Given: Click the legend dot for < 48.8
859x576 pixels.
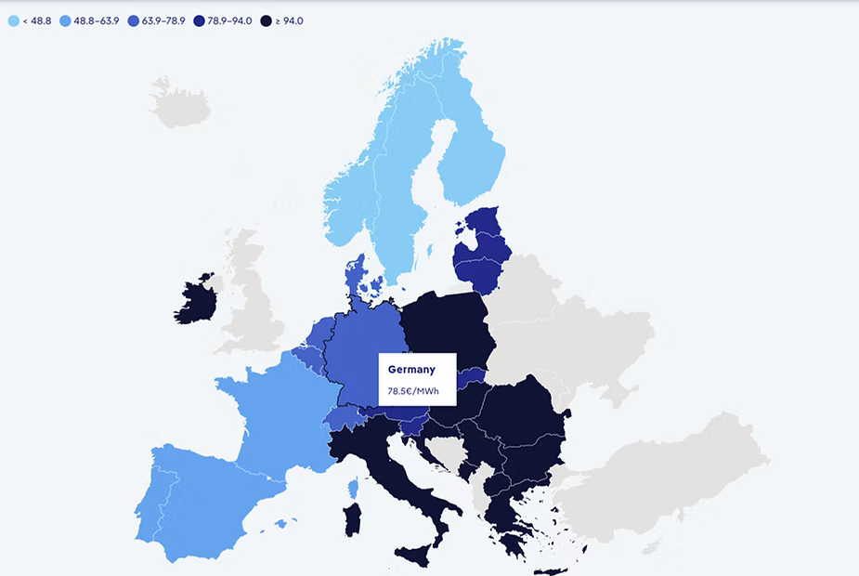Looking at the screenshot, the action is coord(13,20).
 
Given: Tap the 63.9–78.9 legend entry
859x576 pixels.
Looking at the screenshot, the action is coord(162,20).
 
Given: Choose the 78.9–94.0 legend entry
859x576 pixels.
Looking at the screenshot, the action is coord(227,20).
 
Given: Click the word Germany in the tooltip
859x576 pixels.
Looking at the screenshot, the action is coord(411,370).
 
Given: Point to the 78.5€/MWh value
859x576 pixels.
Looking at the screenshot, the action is coord(414,390).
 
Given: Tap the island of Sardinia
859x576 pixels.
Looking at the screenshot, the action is coord(353,519).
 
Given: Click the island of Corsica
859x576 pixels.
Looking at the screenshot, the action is coord(353,488).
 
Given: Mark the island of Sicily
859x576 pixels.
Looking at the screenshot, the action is coord(414,555).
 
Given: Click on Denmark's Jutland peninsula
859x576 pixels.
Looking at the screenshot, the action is coord(354,274).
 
